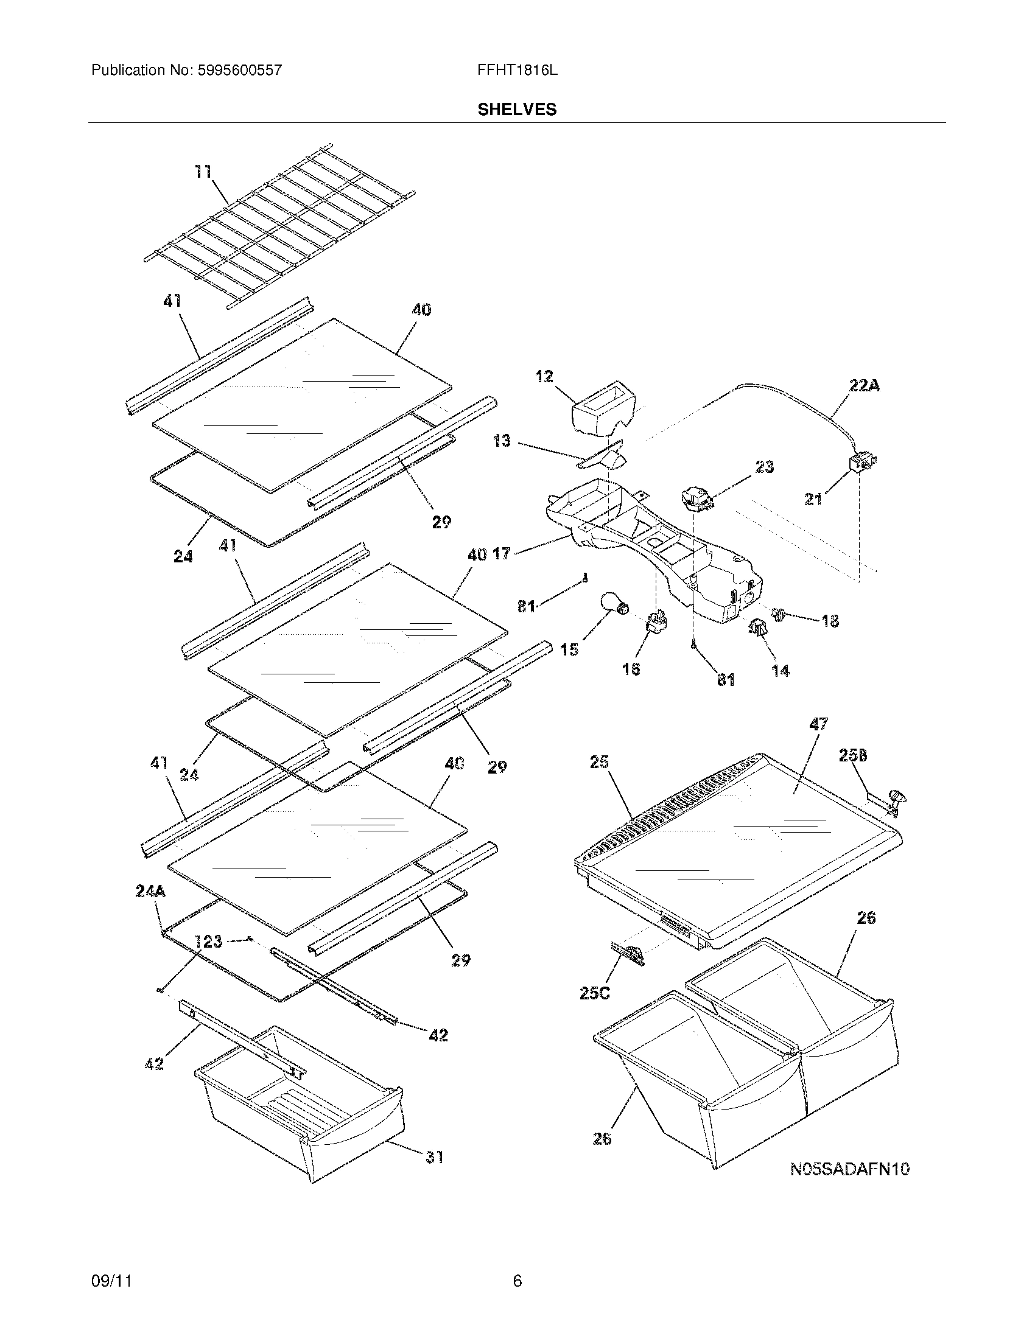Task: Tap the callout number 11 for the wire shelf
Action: coord(203,172)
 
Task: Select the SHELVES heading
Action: coord(517,109)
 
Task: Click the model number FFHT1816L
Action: coord(517,70)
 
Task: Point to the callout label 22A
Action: coord(864,386)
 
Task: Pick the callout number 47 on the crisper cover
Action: coord(818,724)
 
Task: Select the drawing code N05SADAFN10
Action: coord(850,1169)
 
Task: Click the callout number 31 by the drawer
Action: coord(435,1157)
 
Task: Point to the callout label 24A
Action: coord(151,891)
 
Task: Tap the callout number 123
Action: coord(208,941)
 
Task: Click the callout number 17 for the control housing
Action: coord(501,554)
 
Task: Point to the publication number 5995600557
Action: coord(240,70)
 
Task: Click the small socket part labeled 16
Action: coord(656,625)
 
